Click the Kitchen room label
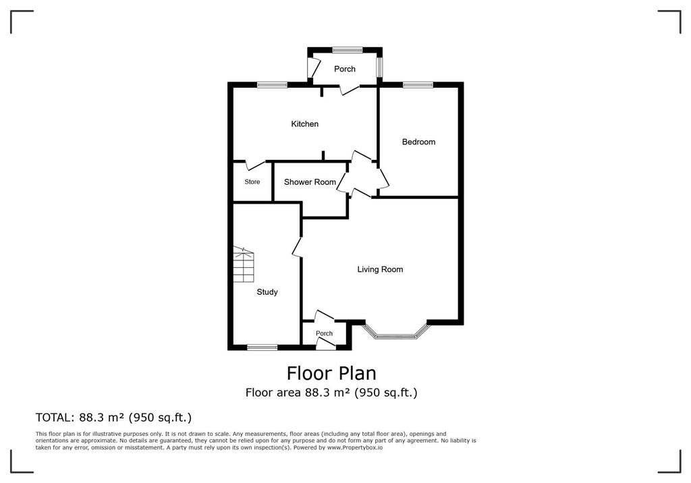tap(304, 124)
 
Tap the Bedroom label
tap(418, 142)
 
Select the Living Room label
tap(380, 269)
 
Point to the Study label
tap(267, 291)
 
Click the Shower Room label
tap(310, 182)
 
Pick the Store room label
tap(252, 181)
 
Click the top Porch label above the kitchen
tap(345, 69)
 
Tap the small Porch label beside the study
tap(325, 333)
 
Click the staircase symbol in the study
tap(244, 264)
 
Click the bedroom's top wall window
tap(417, 84)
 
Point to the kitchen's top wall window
tap(273, 84)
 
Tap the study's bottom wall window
tap(262, 347)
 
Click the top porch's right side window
tap(379, 67)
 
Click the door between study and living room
tap(298, 247)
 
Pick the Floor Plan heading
tap(331, 373)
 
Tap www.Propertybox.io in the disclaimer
tap(355, 447)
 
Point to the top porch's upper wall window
tap(348, 50)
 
